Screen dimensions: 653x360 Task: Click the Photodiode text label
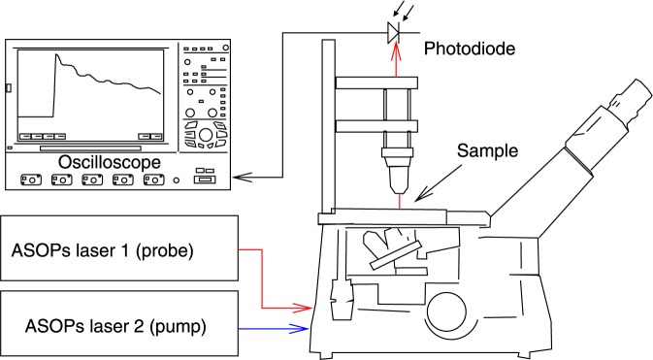[470, 49]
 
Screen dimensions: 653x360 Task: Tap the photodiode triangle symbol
[393, 32]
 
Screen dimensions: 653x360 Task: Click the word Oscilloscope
[109, 162]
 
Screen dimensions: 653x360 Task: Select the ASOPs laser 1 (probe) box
[119, 247]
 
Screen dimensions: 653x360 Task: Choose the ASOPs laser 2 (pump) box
[119, 323]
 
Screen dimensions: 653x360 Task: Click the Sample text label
[487, 150]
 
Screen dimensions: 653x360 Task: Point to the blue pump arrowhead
[301, 329]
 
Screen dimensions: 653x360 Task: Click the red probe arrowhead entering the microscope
[303, 308]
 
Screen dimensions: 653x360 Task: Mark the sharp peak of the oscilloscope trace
[56, 54]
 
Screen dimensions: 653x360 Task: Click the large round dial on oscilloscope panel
[206, 135]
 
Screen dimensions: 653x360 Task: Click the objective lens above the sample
[398, 171]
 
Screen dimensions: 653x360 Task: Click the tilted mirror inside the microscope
[395, 254]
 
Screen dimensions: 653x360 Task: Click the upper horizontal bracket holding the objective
[376, 82]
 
